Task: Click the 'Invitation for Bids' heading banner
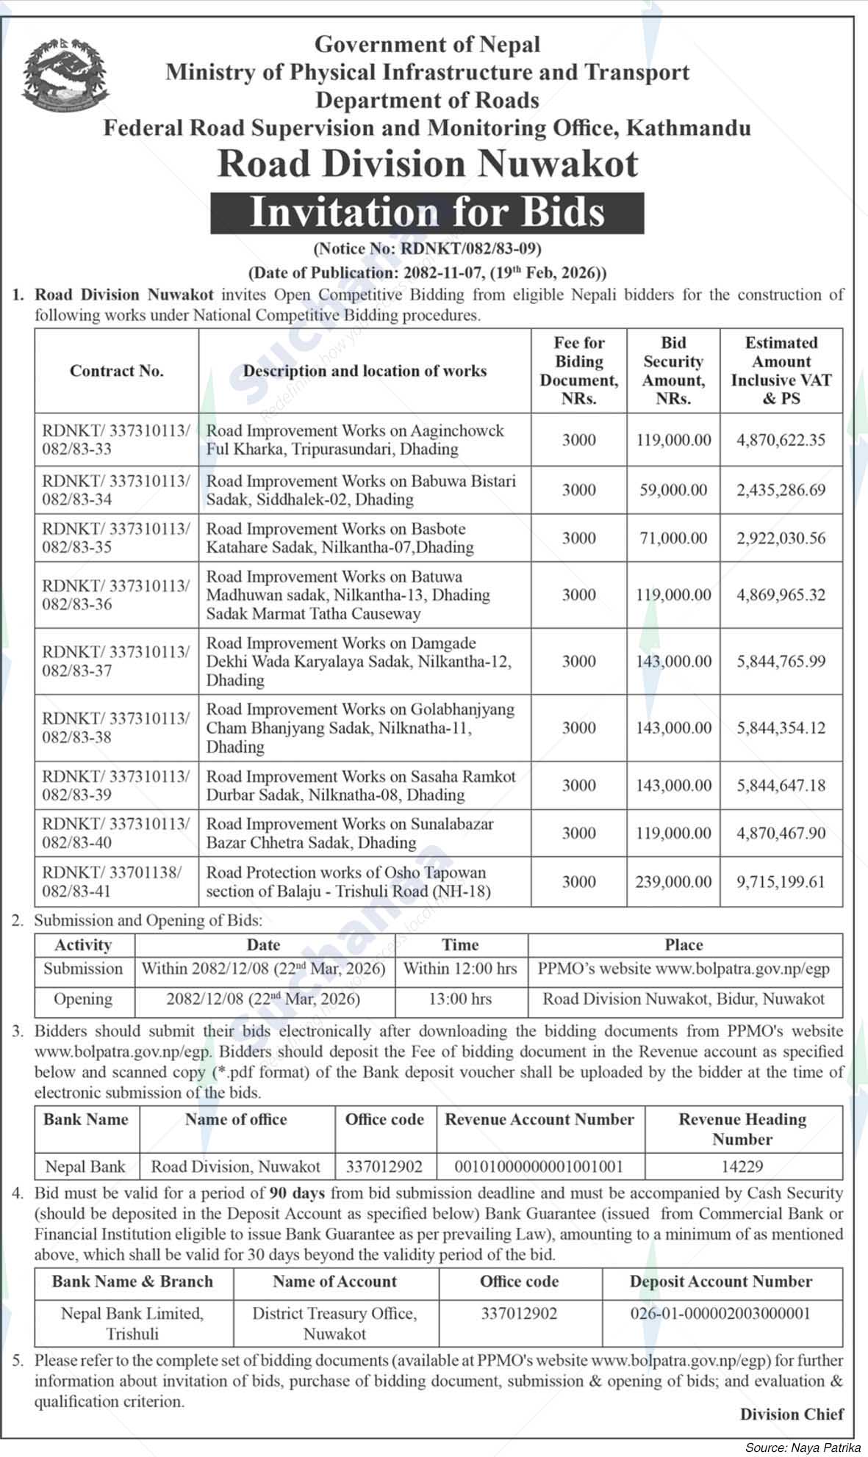[427, 213]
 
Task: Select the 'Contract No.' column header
[116, 371]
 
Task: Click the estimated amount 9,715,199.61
[781, 881]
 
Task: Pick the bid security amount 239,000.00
[673, 881]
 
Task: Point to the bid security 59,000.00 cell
[673, 490]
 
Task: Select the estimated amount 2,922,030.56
[781, 538]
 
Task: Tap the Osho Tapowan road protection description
[348, 881]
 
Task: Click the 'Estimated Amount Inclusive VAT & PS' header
[781, 371]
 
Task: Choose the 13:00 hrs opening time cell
[461, 999]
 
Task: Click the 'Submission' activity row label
[83, 969]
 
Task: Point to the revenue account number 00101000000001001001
[539, 1166]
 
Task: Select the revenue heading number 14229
[742, 1166]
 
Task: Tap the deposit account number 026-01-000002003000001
[720, 1313]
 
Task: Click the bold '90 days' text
[297, 1193]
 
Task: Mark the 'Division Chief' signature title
[792, 1414]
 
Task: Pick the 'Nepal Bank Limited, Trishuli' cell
[132, 1323]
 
